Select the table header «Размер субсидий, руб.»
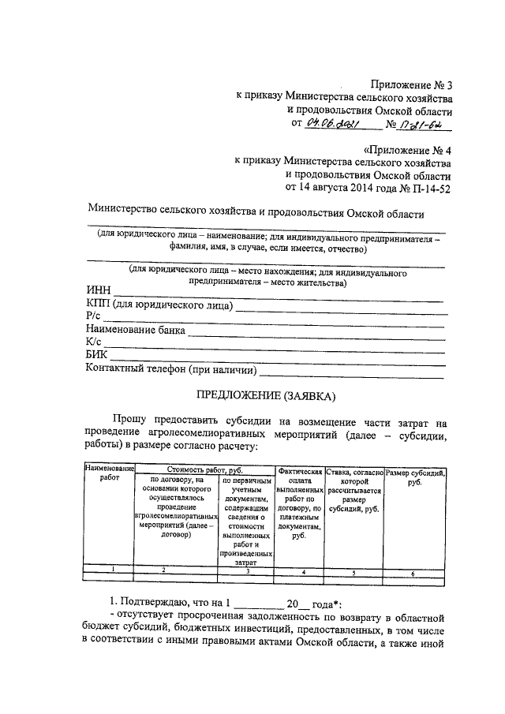click(415, 477)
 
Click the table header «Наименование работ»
click(110, 474)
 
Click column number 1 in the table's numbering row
click(112, 570)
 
